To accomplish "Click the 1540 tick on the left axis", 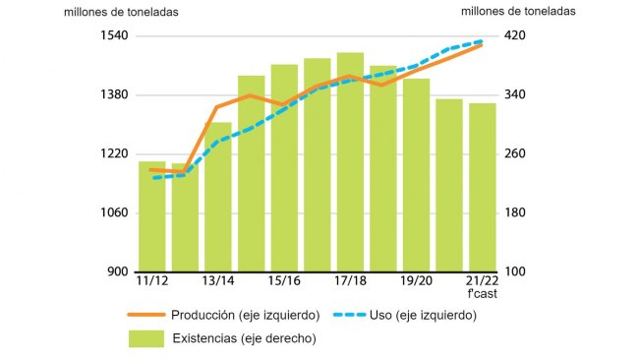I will coord(115,36).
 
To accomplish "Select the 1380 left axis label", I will coord(115,95).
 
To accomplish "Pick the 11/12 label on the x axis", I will coord(151,282).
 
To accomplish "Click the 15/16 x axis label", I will coord(284,282).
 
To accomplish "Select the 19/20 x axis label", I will coord(417,282).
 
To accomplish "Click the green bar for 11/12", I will coord(151,216).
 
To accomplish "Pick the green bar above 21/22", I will coord(483,187).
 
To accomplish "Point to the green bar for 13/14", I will coord(218,197).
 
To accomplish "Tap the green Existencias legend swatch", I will coord(145,338).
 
